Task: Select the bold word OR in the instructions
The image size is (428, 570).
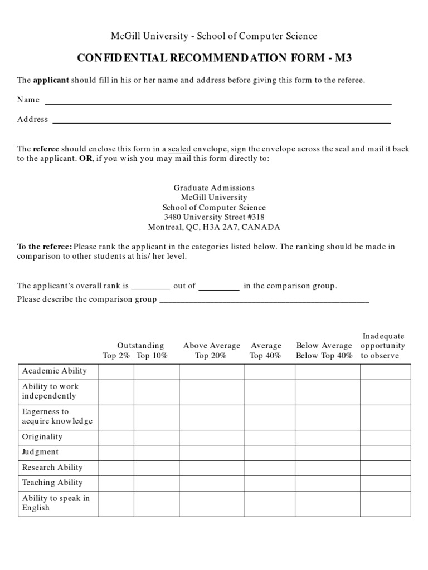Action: (x=86, y=159)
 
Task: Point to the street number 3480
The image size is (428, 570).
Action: (x=173, y=217)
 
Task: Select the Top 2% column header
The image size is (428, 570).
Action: (x=116, y=356)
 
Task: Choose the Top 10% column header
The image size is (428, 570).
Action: (x=152, y=356)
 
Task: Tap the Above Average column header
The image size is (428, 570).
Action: (x=212, y=346)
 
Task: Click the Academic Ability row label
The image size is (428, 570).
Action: (x=54, y=371)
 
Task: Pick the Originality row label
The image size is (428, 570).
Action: (x=42, y=437)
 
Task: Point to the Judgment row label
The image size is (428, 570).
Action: (x=40, y=452)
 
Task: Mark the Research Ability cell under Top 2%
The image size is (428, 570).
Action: (x=116, y=468)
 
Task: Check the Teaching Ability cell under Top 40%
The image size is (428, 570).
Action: (x=270, y=483)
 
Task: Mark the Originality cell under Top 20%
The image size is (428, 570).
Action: (x=212, y=437)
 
